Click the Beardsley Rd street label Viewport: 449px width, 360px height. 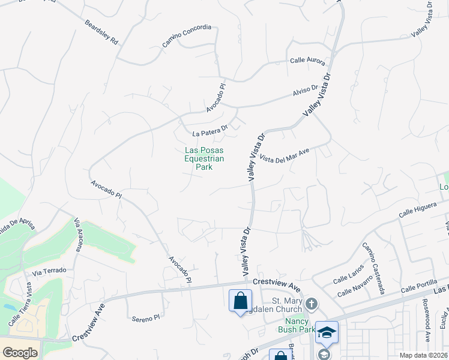coord(102,35)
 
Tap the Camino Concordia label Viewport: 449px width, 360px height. coord(187,36)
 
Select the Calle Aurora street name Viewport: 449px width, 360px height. coord(307,61)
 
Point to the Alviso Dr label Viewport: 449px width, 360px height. coord(305,91)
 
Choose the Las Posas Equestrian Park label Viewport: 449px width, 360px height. coord(204,159)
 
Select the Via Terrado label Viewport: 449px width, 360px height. coord(49,271)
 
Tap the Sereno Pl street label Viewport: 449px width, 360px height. coord(146,317)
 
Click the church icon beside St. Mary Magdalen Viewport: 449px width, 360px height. coord(311,304)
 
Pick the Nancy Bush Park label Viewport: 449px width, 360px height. coord(297,325)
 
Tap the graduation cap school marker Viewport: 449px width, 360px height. coord(327,332)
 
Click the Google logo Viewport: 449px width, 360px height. coord(20,353)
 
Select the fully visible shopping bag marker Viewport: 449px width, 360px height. coord(241,300)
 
